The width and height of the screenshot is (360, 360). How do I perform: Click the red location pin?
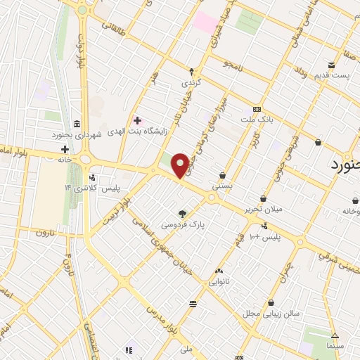(181, 166)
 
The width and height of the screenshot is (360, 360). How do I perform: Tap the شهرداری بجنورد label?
(77, 134)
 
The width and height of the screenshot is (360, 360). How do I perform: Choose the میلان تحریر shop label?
(263, 210)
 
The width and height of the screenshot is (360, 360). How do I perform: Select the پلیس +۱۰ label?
(266, 237)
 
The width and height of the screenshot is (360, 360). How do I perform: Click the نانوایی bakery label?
(219, 281)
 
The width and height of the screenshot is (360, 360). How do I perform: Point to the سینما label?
(335, 347)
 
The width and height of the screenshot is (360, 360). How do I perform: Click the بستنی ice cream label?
(223, 186)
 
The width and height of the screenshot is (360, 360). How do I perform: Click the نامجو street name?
(233, 65)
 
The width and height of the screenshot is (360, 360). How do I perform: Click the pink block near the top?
(205, 21)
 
